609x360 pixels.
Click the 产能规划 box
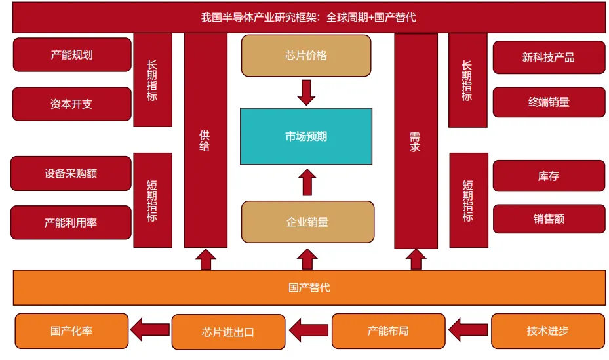72,55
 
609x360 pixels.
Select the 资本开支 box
72,104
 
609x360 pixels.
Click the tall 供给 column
205,141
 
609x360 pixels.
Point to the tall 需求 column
415,141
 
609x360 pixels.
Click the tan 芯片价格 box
306,56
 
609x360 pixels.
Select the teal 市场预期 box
306,136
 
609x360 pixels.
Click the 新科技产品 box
549,58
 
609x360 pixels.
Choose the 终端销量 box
549,102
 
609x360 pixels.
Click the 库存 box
549,176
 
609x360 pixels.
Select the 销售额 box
549,219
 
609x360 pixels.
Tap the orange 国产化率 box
71,330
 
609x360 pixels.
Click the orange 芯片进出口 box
228,332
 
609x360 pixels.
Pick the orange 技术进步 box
548,330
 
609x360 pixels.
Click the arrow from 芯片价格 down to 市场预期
306,92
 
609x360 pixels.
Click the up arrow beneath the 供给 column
206,260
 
